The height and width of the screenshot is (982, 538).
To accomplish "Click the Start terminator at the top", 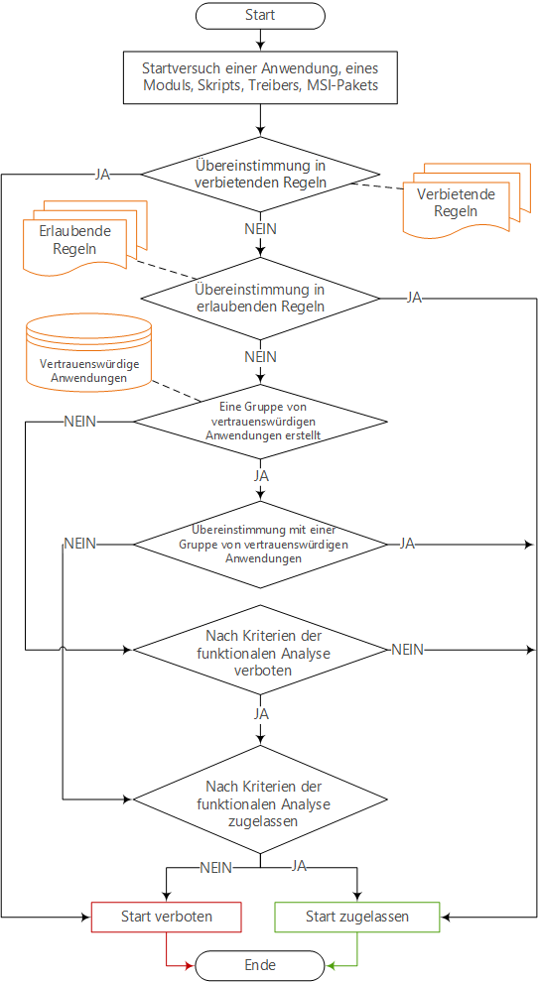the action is (x=260, y=15).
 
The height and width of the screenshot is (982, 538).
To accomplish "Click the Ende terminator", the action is (x=260, y=964).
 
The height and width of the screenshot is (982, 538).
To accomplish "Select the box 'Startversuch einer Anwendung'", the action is (x=260, y=76).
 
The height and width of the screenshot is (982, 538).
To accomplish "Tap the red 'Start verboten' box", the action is (x=167, y=917).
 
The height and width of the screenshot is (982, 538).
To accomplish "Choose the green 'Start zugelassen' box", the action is (x=357, y=917).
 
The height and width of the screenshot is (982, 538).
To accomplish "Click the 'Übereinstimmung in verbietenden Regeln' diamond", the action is (x=260, y=175).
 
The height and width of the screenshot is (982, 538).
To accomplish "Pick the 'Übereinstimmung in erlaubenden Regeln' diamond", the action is (x=260, y=299).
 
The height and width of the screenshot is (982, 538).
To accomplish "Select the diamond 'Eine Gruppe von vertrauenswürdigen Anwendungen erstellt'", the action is (x=260, y=421).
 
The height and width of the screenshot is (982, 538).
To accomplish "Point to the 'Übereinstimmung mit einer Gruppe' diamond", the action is (x=260, y=545).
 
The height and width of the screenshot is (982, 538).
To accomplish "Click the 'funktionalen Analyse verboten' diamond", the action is (x=260, y=650).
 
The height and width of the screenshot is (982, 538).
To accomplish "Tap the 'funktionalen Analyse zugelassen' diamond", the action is (x=260, y=799).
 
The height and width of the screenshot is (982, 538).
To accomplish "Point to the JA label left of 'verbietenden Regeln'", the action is (x=102, y=175).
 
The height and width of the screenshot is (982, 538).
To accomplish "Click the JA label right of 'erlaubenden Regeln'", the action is (x=414, y=298).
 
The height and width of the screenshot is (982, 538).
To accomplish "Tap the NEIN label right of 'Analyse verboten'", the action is (x=408, y=650).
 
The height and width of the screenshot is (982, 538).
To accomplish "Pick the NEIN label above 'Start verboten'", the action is (x=215, y=867).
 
